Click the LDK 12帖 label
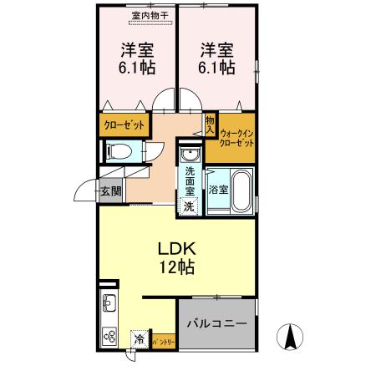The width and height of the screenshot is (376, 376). click(x=176, y=259)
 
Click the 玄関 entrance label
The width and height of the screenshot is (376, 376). click(x=110, y=191)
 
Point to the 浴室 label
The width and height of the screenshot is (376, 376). click(x=217, y=190)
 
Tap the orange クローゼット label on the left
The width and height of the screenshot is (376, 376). click(x=124, y=125)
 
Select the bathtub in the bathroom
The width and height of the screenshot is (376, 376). click(x=241, y=191)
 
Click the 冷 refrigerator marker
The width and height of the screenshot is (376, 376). click(x=139, y=341)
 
